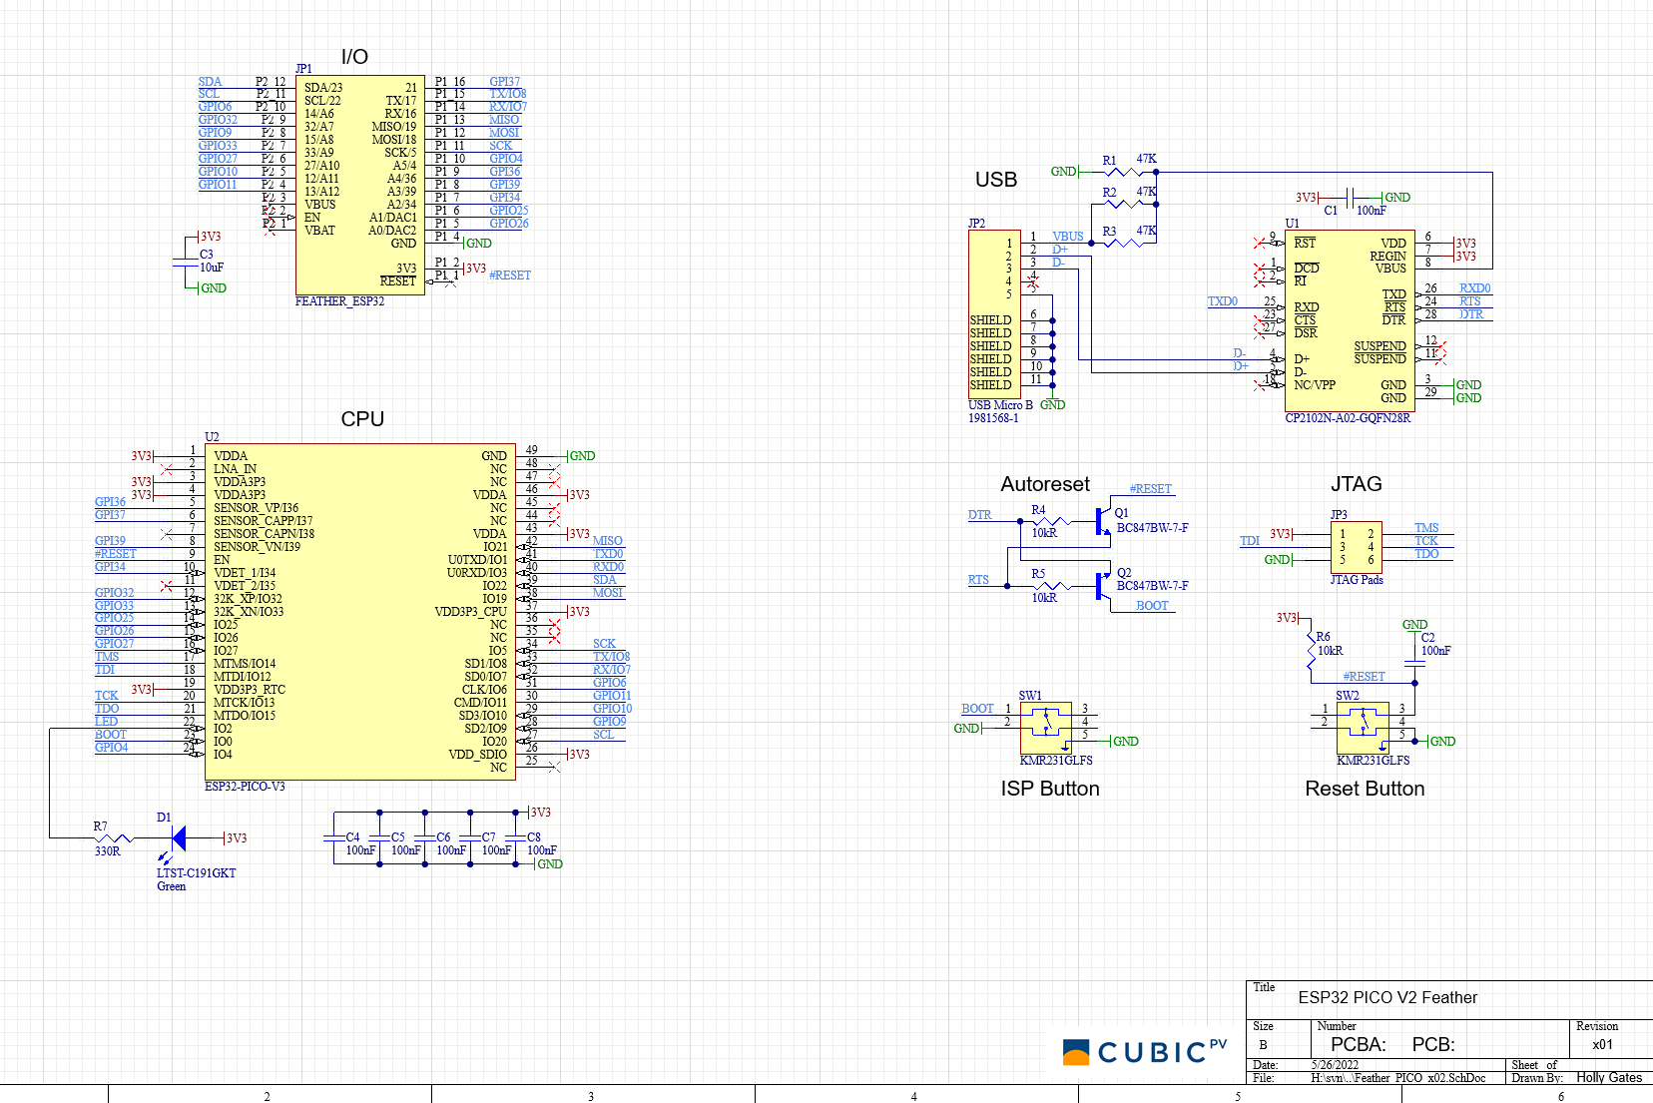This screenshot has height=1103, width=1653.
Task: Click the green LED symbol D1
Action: [x=179, y=838]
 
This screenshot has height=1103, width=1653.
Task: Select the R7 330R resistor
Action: [x=114, y=838]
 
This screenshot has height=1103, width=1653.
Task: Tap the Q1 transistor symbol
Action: [x=1102, y=521]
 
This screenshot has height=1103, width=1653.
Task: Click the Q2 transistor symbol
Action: [x=1102, y=586]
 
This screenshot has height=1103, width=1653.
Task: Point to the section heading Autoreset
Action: [x=1045, y=484]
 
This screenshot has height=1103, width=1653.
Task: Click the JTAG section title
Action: [x=1356, y=484]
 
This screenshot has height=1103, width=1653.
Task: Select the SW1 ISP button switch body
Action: [x=1046, y=727]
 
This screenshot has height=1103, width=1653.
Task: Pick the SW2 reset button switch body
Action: [x=1363, y=727]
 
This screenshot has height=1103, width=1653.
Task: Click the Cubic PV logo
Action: [x=1144, y=1051]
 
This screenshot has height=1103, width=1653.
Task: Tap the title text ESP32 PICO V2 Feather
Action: [x=1386, y=997]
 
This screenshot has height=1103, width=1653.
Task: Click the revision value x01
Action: [x=1602, y=1044]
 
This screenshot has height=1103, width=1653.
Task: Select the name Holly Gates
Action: [x=1609, y=1077]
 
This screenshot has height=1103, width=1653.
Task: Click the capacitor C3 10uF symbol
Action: [x=187, y=262]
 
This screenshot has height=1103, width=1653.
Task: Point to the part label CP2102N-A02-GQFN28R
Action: [x=1348, y=418]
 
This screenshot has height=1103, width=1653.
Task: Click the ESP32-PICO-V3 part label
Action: [x=245, y=787]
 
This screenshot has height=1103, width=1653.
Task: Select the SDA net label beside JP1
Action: [x=210, y=82]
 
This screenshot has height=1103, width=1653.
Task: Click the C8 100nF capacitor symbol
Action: [x=516, y=838]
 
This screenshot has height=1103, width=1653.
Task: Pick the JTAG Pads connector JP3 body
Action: [x=1356, y=546]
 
